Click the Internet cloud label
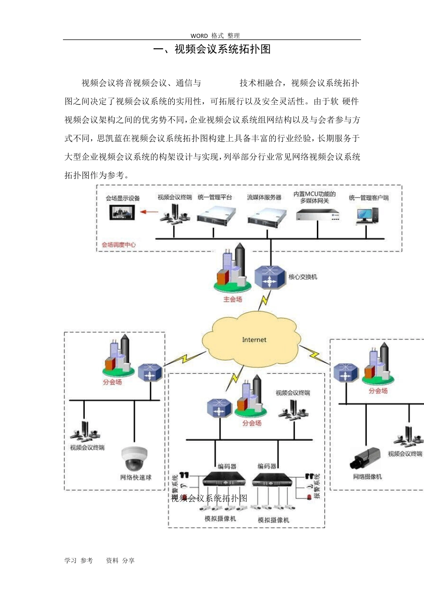click(x=254, y=340)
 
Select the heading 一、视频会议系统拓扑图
click(x=212, y=49)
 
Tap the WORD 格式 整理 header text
click(x=215, y=36)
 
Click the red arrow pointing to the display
click(x=149, y=212)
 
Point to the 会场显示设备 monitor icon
click(x=122, y=212)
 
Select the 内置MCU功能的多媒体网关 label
click(x=314, y=197)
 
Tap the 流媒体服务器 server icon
click(x=266, y=217)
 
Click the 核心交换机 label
click(x=303, y=277)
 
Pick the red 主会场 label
click(x=233, y=299)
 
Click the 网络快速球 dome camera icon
click(x=134, y=459)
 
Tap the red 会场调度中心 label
click(x=119, y=245)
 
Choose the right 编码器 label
click(x=267, y=466)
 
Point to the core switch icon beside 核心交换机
click(x=270, y=278)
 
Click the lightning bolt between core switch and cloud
click(x=265, y=300)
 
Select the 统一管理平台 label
click(x=215, y=197)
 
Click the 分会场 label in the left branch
click(x=112, y=382)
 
